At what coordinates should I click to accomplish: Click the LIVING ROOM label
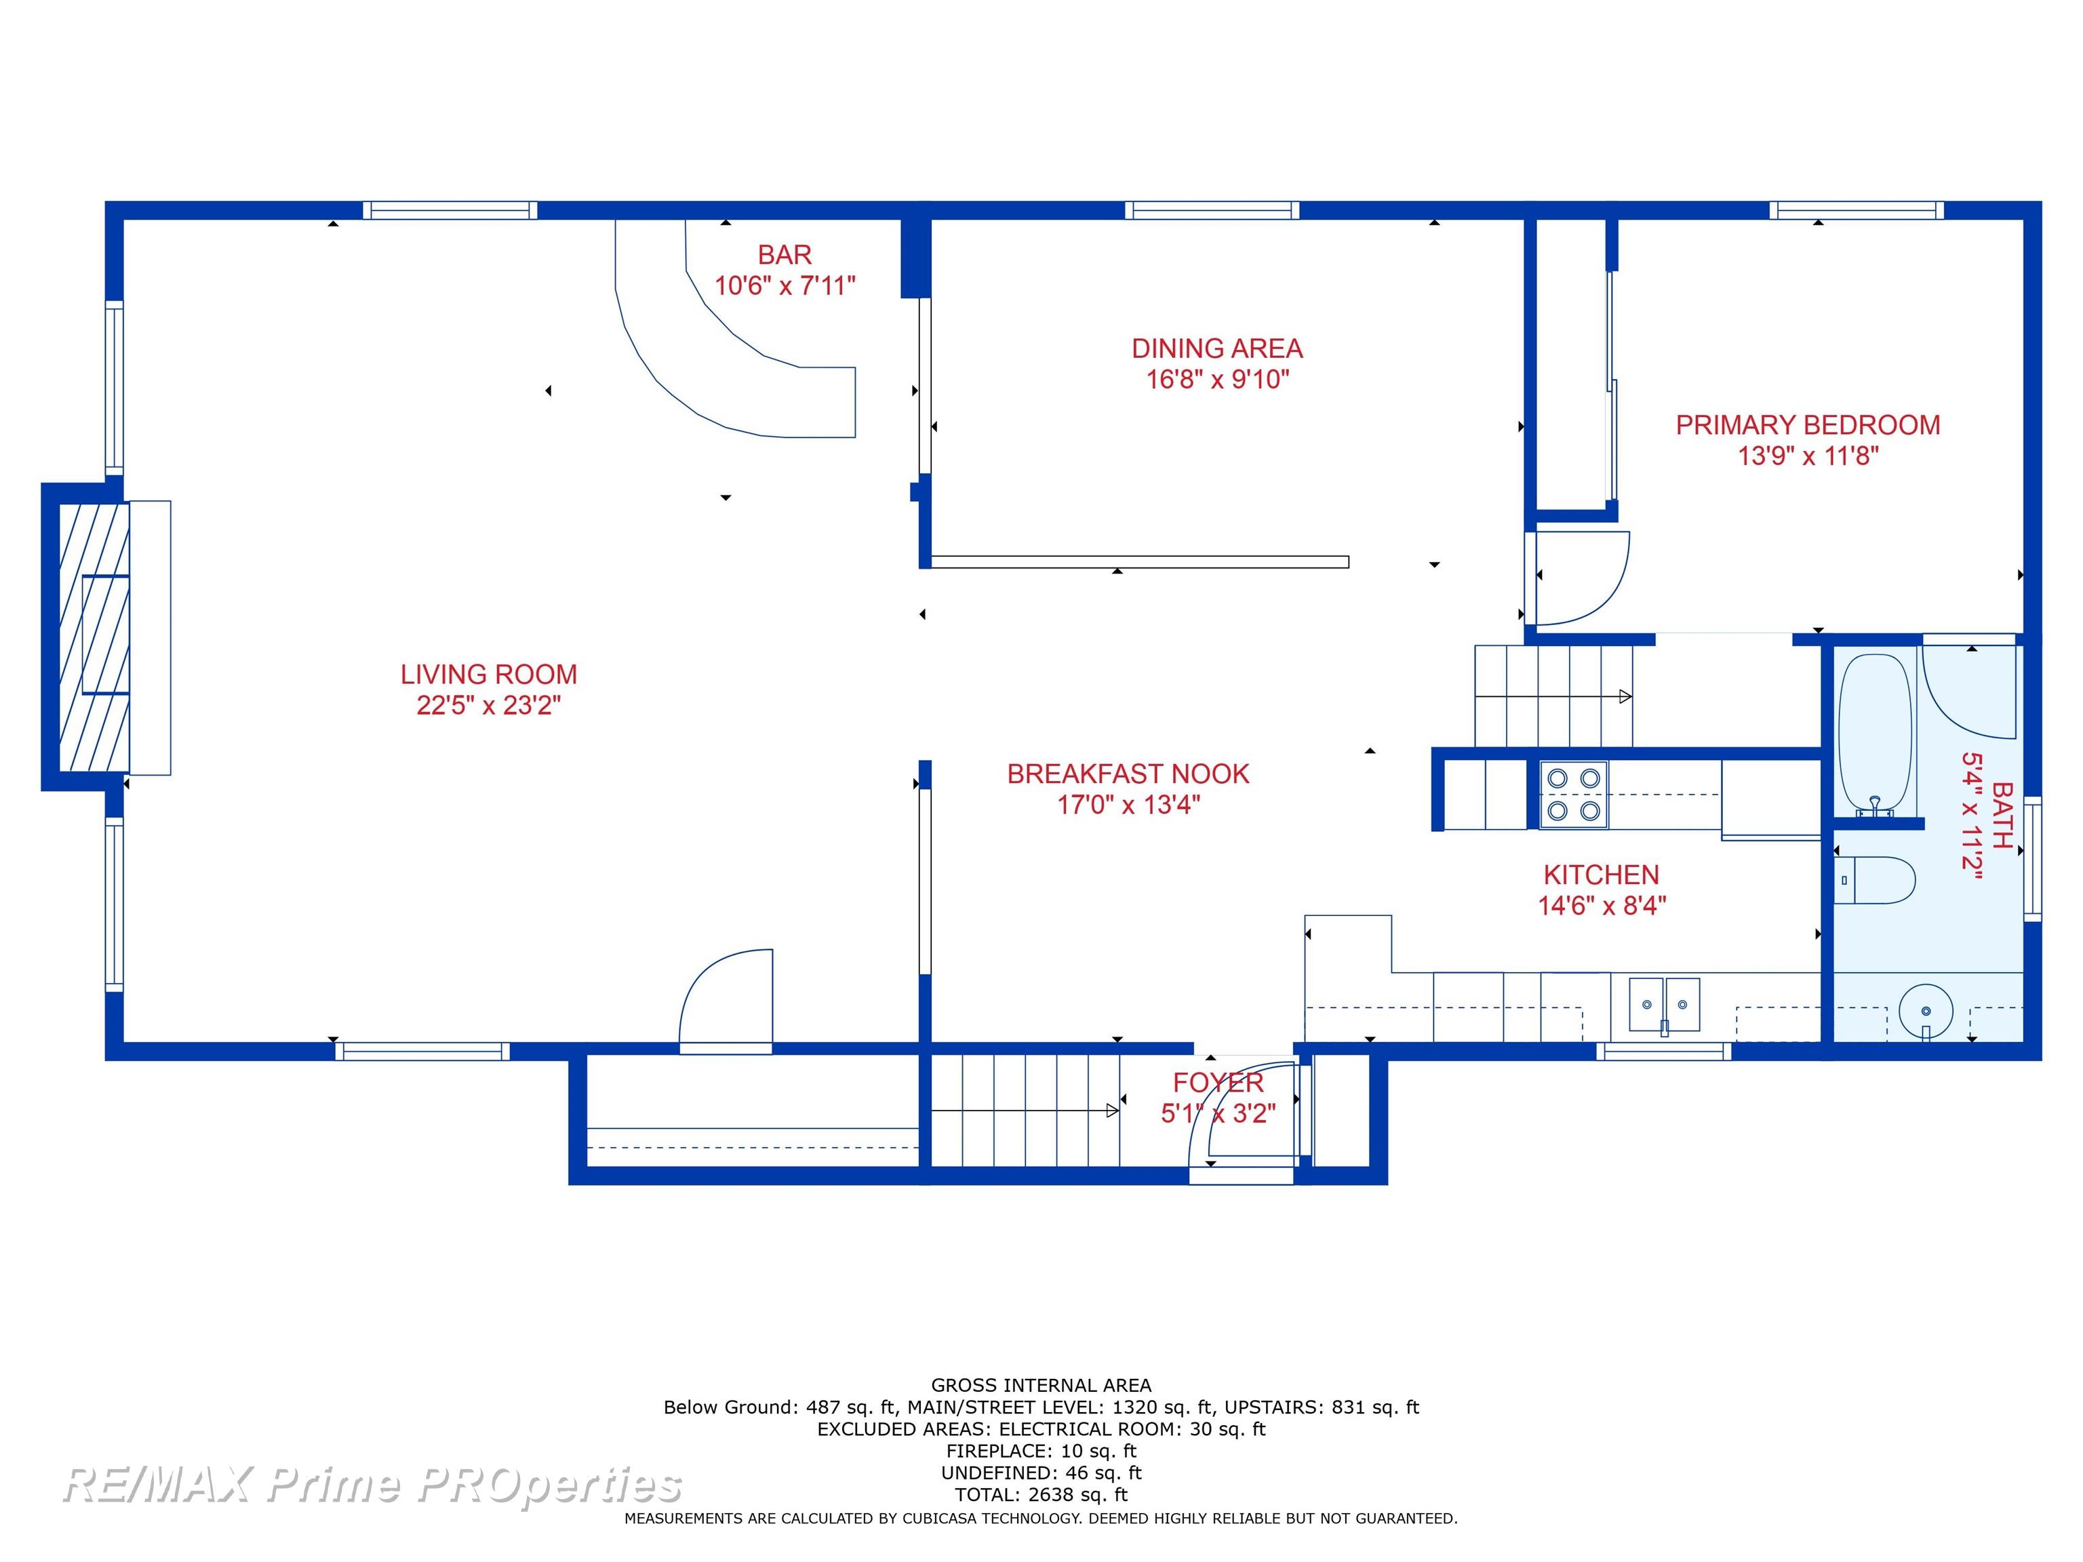(489, 674)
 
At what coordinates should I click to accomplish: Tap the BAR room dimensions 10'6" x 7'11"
(785, 285)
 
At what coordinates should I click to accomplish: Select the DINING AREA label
(1216, 348)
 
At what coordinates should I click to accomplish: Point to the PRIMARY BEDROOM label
(1808, 424)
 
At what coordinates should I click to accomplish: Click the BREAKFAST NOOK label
(1128, 774)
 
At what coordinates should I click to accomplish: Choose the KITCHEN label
(1601, 875)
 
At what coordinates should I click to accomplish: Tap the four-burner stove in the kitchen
(1574, 795)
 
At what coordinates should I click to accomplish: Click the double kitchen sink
(1664, 1005)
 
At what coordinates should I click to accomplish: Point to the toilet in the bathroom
(1875, 881)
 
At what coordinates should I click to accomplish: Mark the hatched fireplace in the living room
(94, 637)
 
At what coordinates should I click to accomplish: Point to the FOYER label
(1218, 1083)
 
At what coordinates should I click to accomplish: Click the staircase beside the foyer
(1025, 1111)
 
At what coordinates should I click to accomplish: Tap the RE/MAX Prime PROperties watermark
(372, 1485)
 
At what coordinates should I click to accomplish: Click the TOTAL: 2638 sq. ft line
(1041, 1494)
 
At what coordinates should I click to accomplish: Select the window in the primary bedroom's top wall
(1856, 210)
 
